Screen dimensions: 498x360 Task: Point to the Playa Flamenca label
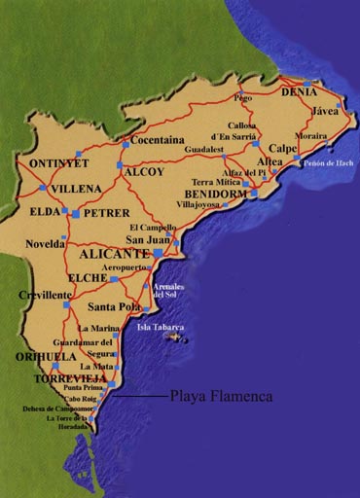[222, 397]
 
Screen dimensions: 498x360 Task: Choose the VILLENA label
[77, 183]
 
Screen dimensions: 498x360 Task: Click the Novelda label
[45, 244]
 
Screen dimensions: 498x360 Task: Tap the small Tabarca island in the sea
[179, 338]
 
